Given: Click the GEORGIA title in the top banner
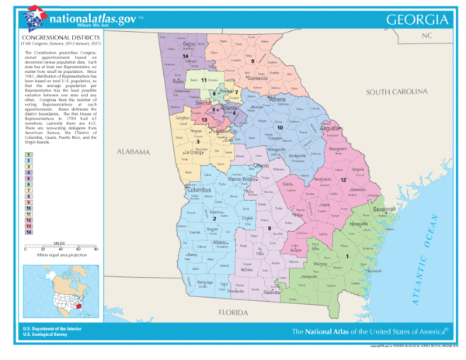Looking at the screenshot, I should tap(416, 19).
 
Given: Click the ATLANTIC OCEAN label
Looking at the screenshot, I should tap(423, 233).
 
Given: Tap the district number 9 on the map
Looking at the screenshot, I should tap(252, 61).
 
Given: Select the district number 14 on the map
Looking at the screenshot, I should tap(186, 57).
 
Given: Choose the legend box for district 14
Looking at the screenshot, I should tap(28, 232).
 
